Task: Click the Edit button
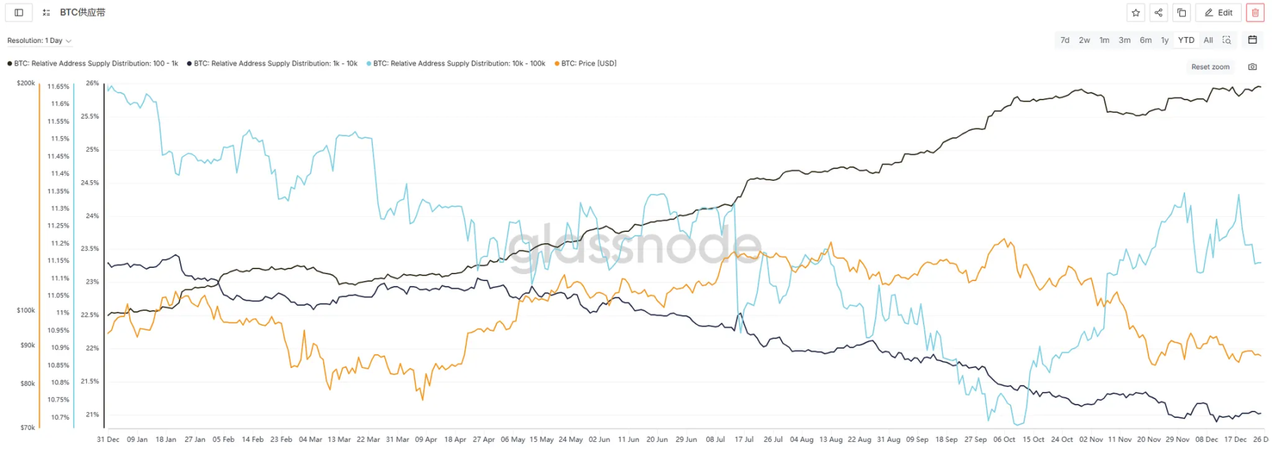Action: tap(1218, 12)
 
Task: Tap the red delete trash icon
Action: tap(1255, 12)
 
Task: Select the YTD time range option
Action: tap(1186, 40)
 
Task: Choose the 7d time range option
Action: tap(1065, 40)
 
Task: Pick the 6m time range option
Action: tap(1146, 40)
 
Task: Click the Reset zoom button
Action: tap(1210, 67)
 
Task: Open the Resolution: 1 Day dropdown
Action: tap(39, 41)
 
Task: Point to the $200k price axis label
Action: tap(26, 83)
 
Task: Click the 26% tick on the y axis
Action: tap(92, 83)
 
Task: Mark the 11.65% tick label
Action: tap(58, 86)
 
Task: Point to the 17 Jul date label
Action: tap(744, 439)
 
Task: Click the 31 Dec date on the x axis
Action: tap(108, 439)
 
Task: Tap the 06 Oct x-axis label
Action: tap(1004, 439)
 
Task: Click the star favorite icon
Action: tap(1136, 12)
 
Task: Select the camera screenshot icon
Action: tap(1252, 67)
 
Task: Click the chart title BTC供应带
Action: tap(83, 12)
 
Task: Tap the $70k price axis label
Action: tap(28, 427)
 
